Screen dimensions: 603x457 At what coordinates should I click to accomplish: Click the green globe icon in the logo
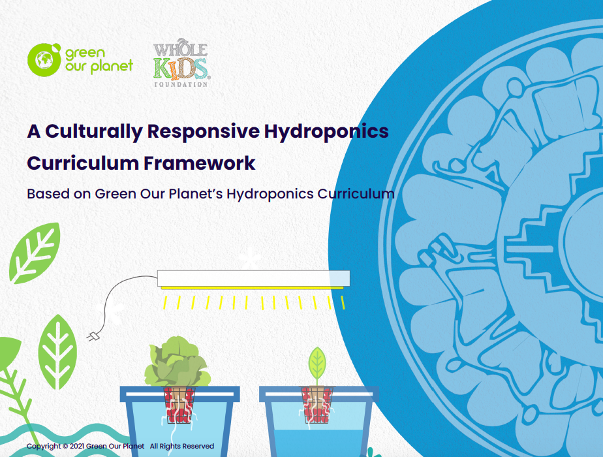(x=44, y=59)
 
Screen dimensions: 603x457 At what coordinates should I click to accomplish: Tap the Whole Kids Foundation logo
(x=181, y=63)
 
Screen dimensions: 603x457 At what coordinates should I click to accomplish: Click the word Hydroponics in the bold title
(x=326, y=132)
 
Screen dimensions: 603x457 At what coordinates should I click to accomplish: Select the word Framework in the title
(x=199, y=163)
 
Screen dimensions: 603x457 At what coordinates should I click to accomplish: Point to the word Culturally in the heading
(x=94, y=132)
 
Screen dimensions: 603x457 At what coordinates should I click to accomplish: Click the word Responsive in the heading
(x=204, y=132)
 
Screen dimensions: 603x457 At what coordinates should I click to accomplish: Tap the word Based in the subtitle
(x=48, y=193)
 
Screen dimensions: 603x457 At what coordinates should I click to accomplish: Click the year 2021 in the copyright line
(x=77, y=447)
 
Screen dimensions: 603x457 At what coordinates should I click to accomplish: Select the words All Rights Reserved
(x=182, y=447)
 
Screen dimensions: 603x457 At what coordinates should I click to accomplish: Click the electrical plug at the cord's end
(x=93, y=337)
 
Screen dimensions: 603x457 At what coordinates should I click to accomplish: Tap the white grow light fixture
(x=253, y=278)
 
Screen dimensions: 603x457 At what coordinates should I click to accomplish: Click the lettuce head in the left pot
(x=178, y=362)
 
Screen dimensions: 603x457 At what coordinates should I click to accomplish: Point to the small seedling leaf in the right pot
(x=317, y=364)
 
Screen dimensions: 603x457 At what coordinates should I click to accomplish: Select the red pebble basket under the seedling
(x=317, y=404)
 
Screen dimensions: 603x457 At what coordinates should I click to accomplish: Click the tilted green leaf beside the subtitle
(x=35, y=253)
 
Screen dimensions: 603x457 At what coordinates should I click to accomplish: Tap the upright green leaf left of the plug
(x=57, y=353)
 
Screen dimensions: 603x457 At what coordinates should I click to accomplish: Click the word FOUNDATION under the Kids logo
(x=181, y=84)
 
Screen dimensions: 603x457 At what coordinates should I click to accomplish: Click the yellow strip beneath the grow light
(x=253, y=288)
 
